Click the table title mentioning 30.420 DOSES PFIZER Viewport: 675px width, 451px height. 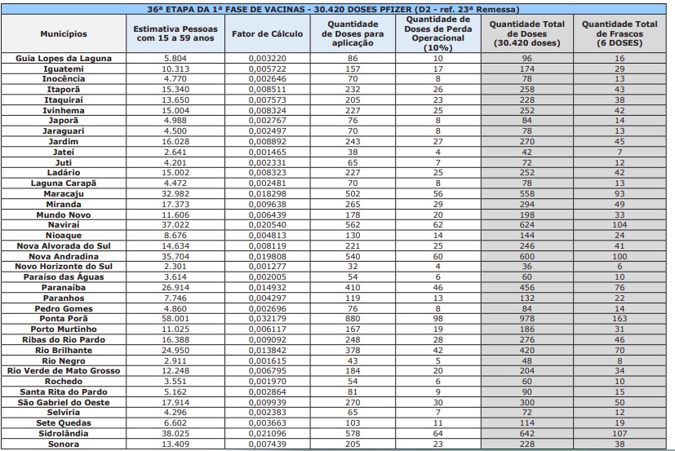coord(337,7)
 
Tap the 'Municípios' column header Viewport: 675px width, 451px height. coord(64,34)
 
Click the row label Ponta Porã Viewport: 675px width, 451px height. coord(64,320)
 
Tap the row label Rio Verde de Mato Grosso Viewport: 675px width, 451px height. coord(64,370)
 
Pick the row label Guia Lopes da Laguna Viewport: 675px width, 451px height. coord(64,60)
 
